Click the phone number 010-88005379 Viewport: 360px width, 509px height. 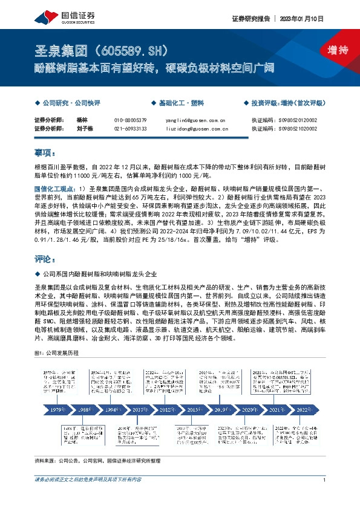click(x=130, y=120)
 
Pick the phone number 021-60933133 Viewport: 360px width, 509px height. click(x=130, y=128)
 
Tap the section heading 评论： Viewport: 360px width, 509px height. click(x=45, y=259)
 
